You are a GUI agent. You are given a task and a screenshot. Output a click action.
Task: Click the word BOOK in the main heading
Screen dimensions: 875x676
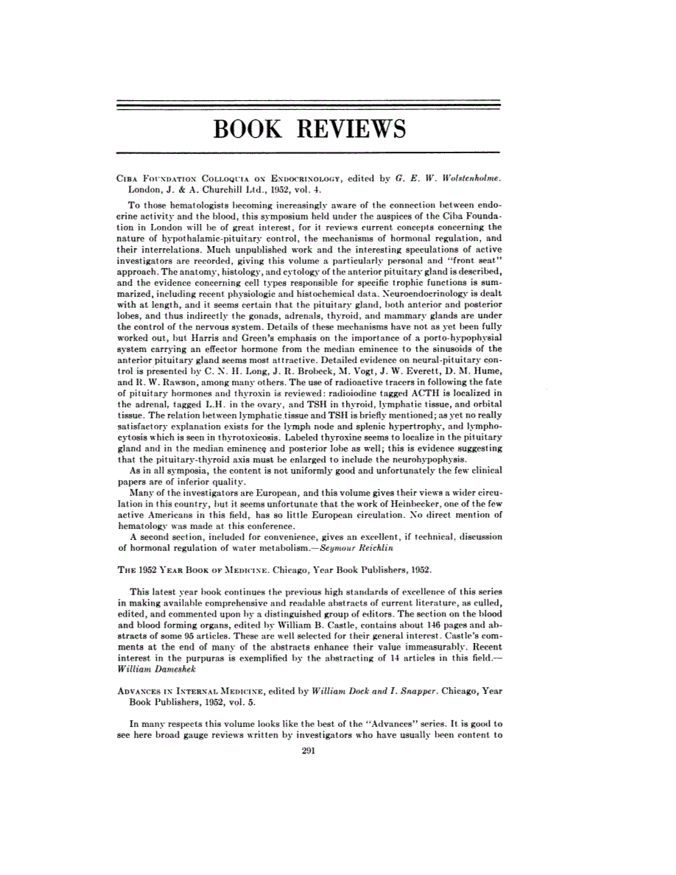tap(250, 130)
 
